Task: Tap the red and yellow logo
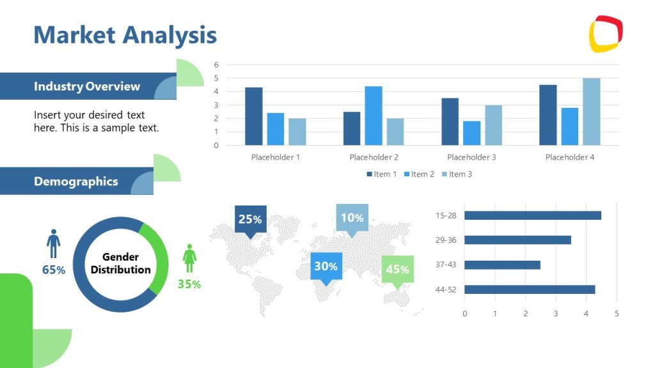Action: click(606, 33)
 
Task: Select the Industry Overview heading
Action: click(87, 86)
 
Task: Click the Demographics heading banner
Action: click(76, 181)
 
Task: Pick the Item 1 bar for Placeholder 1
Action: click(253, 116)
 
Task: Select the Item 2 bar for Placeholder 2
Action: click(374, 116)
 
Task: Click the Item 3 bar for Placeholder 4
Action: click(591, 112)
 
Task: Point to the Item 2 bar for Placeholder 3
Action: click(471, 133)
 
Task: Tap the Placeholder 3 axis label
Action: click(471, 157)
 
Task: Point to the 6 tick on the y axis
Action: click(216, 65)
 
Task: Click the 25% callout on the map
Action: click(250, 219)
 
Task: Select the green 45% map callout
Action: click(397, 269)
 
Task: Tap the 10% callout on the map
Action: click(352, 218)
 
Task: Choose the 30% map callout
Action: click(326, 266)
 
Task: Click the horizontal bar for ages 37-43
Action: click(502, 264)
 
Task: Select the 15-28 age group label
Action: click(446, 215)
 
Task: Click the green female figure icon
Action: click(189, 258)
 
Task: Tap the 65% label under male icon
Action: click(54, 270)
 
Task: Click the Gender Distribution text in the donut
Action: click(120, 263)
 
